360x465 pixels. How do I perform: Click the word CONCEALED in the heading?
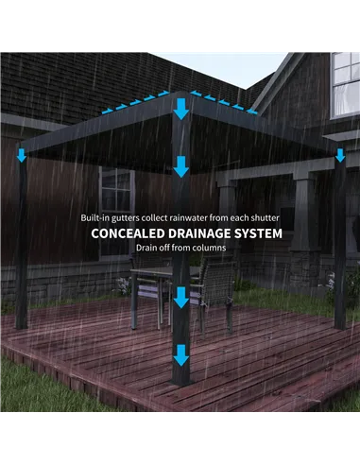tap(127, 232)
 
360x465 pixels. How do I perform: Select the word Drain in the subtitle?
tap(147, 248)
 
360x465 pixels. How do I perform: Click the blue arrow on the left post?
tap(22, 154)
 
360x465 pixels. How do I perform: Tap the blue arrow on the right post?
tap(340, 154)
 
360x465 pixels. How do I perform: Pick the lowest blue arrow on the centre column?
tap(180, 355)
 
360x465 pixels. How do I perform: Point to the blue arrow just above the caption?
tap(180, 167)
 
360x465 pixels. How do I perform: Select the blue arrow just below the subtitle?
tap(180, 297)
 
